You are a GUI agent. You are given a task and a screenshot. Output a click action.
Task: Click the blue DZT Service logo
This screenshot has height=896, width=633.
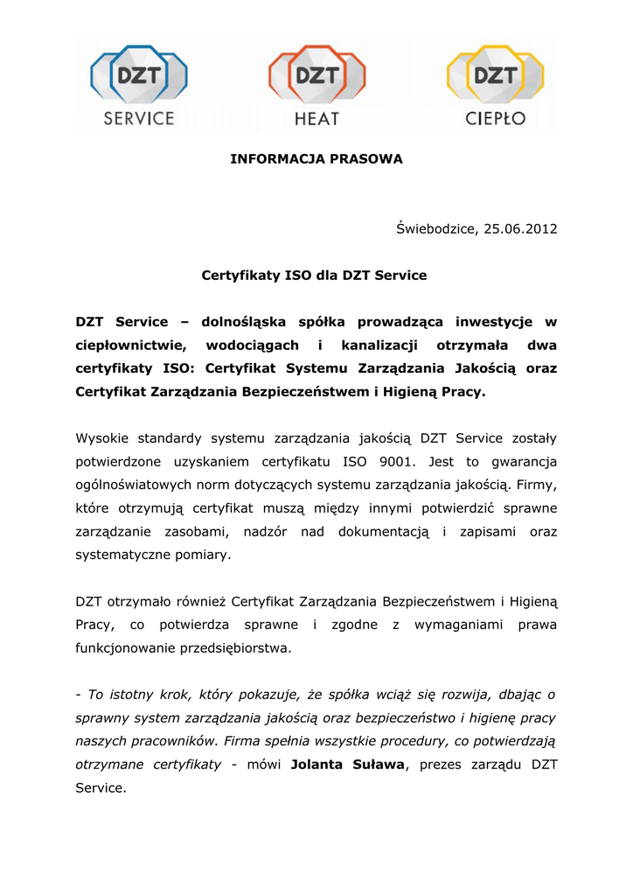click(x=138, y=87)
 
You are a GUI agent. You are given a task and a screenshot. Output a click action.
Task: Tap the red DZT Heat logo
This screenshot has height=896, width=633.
click(x=316, y=87)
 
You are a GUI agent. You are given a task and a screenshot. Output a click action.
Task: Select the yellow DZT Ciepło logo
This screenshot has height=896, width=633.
click(x=495, y=87)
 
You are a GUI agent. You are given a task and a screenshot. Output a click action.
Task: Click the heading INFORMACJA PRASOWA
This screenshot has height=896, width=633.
click(x=316, y=158)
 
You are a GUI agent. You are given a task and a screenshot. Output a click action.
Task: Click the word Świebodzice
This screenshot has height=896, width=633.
click(x=435, y=229)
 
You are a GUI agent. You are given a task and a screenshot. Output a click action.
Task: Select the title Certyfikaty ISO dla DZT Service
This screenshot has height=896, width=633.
click(x=314, y=276)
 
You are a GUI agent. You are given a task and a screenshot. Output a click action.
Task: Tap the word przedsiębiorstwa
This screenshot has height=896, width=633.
click(x=234, y=648)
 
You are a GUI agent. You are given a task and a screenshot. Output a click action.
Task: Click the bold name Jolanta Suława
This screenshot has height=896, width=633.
click(x=348, y=765)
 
